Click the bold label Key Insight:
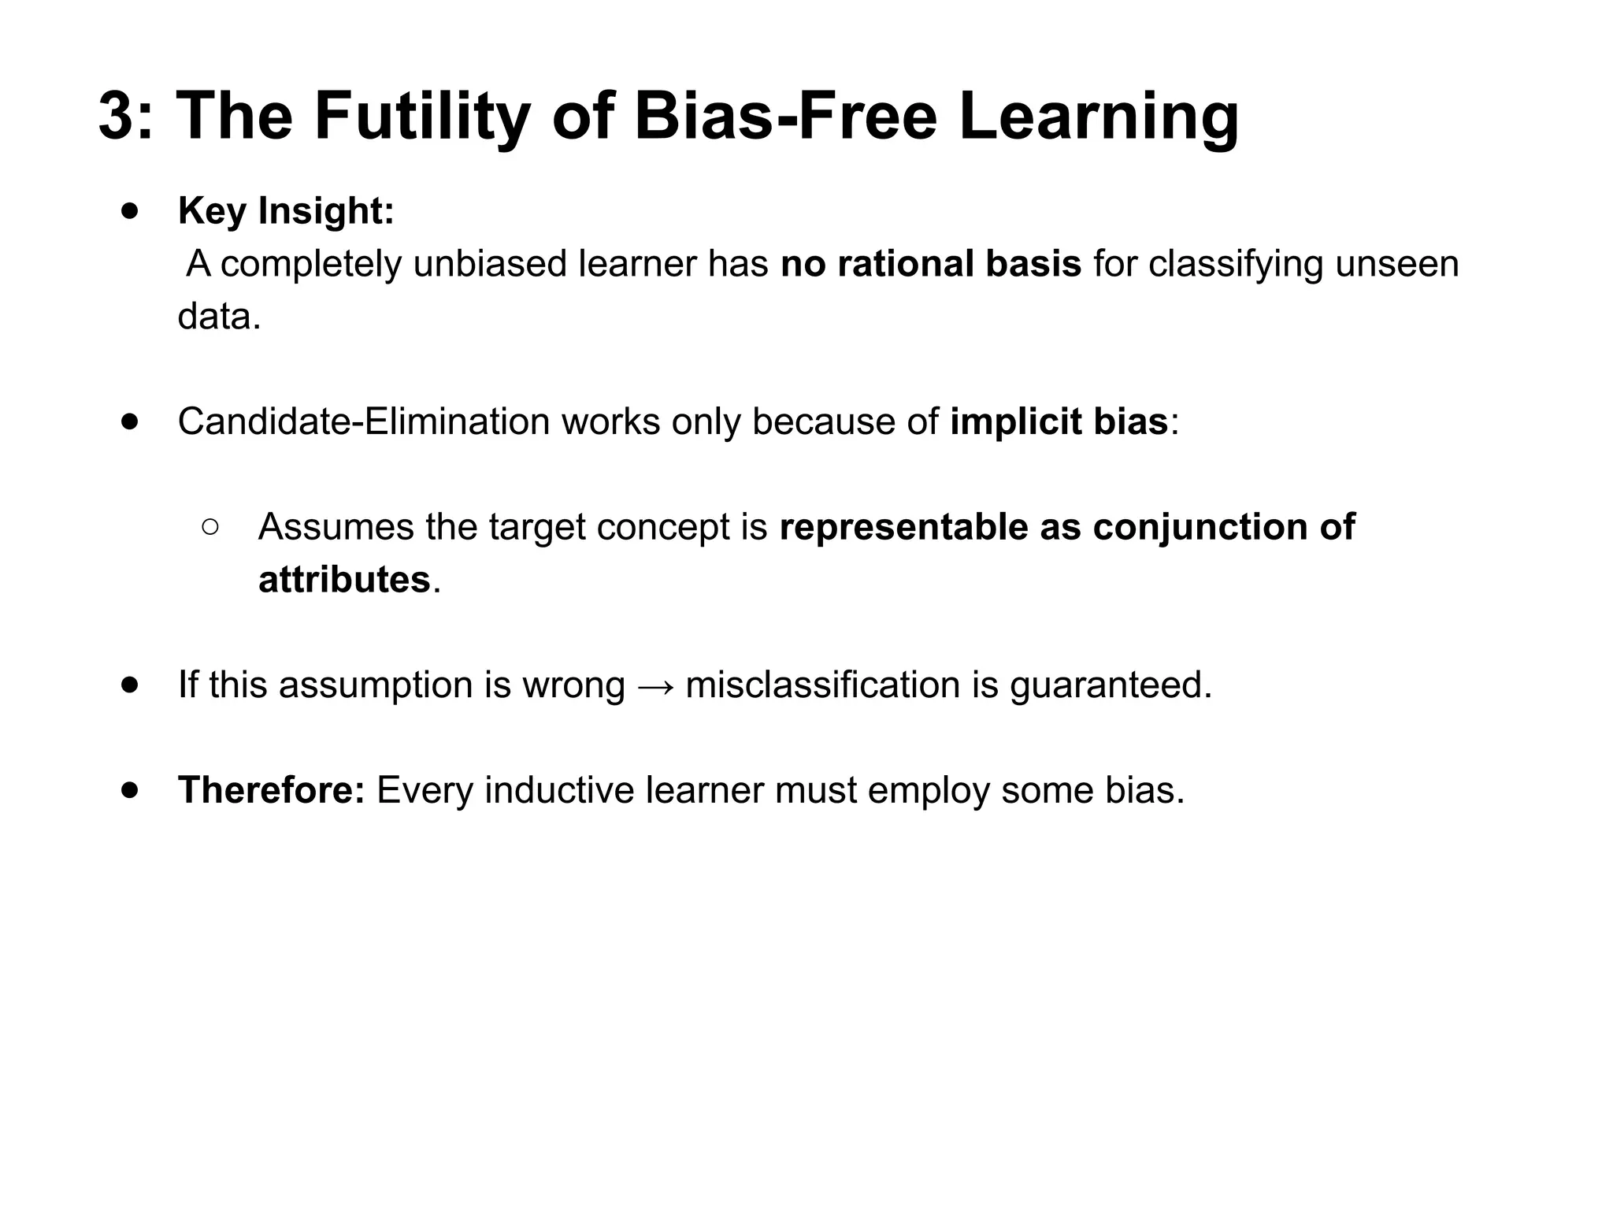[x=286, y=211]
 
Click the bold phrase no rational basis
[x=930, y=264]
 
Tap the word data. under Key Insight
[x=219, y=317]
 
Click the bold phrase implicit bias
[x=1059, y=421]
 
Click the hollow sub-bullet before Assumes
[x=210, y=526]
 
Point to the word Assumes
[x=336, y=527]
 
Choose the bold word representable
[x=903, y=527]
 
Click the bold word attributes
[x=344, y=580]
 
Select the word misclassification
[x=822, y=685]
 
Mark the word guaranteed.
[x=1111, y=685]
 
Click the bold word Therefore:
[x=271, y=790]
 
